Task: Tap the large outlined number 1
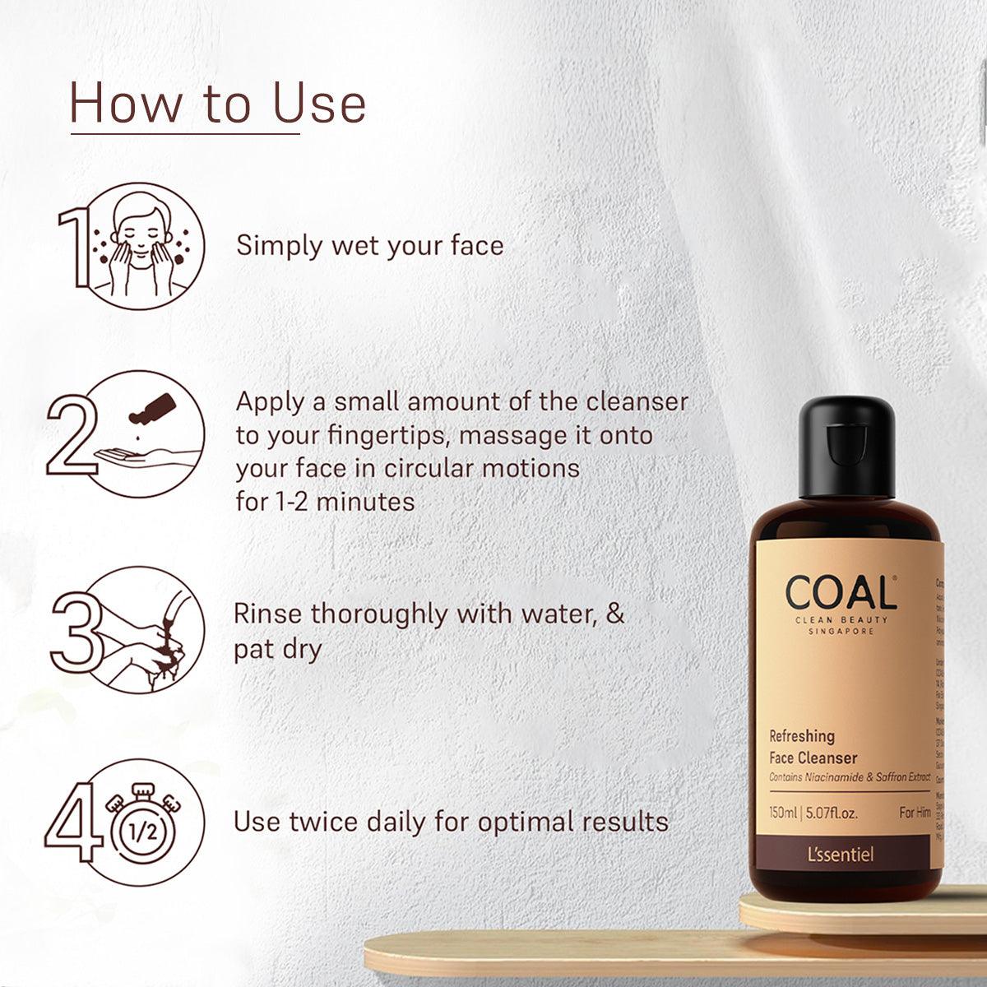pos(74,248)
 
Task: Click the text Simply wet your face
pos(369,245)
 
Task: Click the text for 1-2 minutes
pos(325,501)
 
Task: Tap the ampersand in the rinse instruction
pos(614,614)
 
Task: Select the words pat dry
pos(277,649)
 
